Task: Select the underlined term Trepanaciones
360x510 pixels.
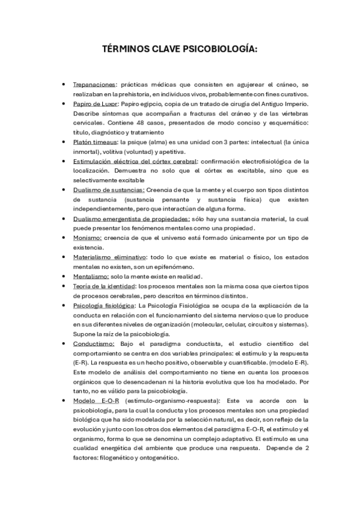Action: (x=94, y=85)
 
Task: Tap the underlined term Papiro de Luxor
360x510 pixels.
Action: (x=97, y=104)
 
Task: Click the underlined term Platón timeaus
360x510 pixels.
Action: (x=95, y=142)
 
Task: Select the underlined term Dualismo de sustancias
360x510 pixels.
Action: (x=108, y=189)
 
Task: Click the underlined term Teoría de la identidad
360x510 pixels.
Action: (x=103, y=286)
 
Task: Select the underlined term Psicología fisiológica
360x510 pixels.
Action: (x=103, y=305)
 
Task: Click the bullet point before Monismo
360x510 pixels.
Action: (x=63, y=238)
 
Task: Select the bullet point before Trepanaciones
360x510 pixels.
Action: (x=63, y=85)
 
